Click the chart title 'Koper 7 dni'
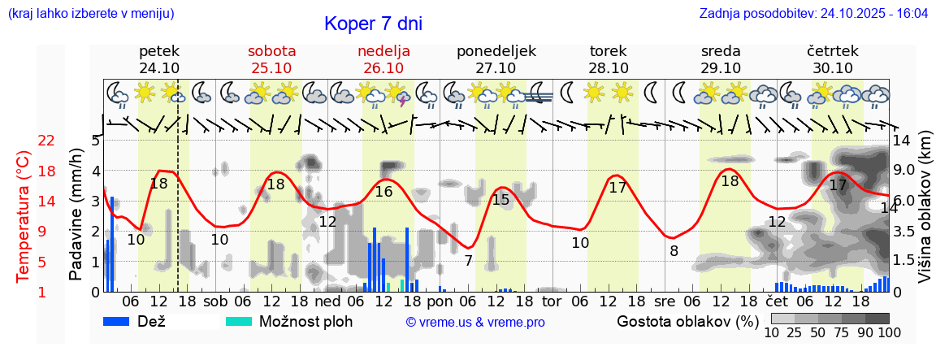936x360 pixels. [373, 24]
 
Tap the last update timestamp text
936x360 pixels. [813, 13]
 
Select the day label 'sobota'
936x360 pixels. [271, 50]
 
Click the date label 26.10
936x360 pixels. [383, 68]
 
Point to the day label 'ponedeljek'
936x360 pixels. [496, 50]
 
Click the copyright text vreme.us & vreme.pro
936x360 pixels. [474, 323]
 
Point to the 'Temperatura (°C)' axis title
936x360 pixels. [23, 215]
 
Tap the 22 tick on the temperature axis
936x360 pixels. [45, 141]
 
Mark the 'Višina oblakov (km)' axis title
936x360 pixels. [925, 215]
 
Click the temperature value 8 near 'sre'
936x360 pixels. [674, 251]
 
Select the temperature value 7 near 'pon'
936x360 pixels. [468, 261]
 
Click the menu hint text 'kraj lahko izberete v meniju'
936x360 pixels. [90, 13]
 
